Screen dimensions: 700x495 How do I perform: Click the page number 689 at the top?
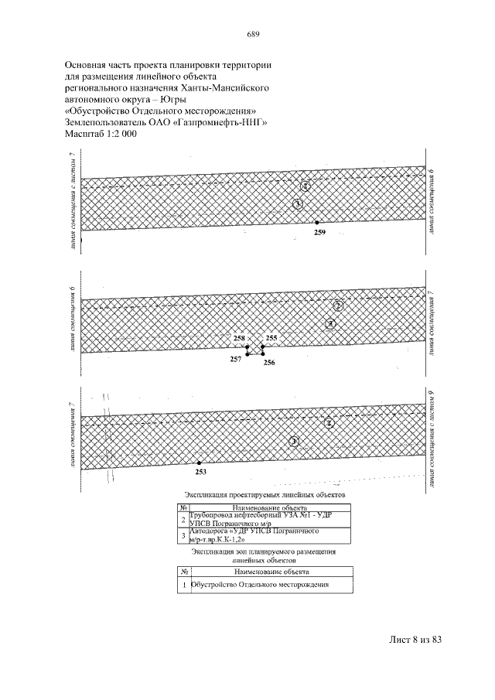[252, 34]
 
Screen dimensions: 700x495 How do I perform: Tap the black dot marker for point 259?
[317, 223]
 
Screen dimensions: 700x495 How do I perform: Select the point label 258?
[239, 339]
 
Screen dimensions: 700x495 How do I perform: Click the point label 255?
[271, 339]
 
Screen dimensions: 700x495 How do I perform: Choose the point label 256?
[269, 362]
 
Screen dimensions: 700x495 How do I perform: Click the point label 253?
[200, 471]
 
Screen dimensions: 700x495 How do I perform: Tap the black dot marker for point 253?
[199, 463]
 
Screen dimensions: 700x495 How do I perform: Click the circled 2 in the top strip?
[306, 186]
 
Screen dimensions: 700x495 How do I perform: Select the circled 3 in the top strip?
[298, 203]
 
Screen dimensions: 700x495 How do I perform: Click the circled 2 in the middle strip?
[338, 306]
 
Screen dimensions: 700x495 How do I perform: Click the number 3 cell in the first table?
[183, 535]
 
